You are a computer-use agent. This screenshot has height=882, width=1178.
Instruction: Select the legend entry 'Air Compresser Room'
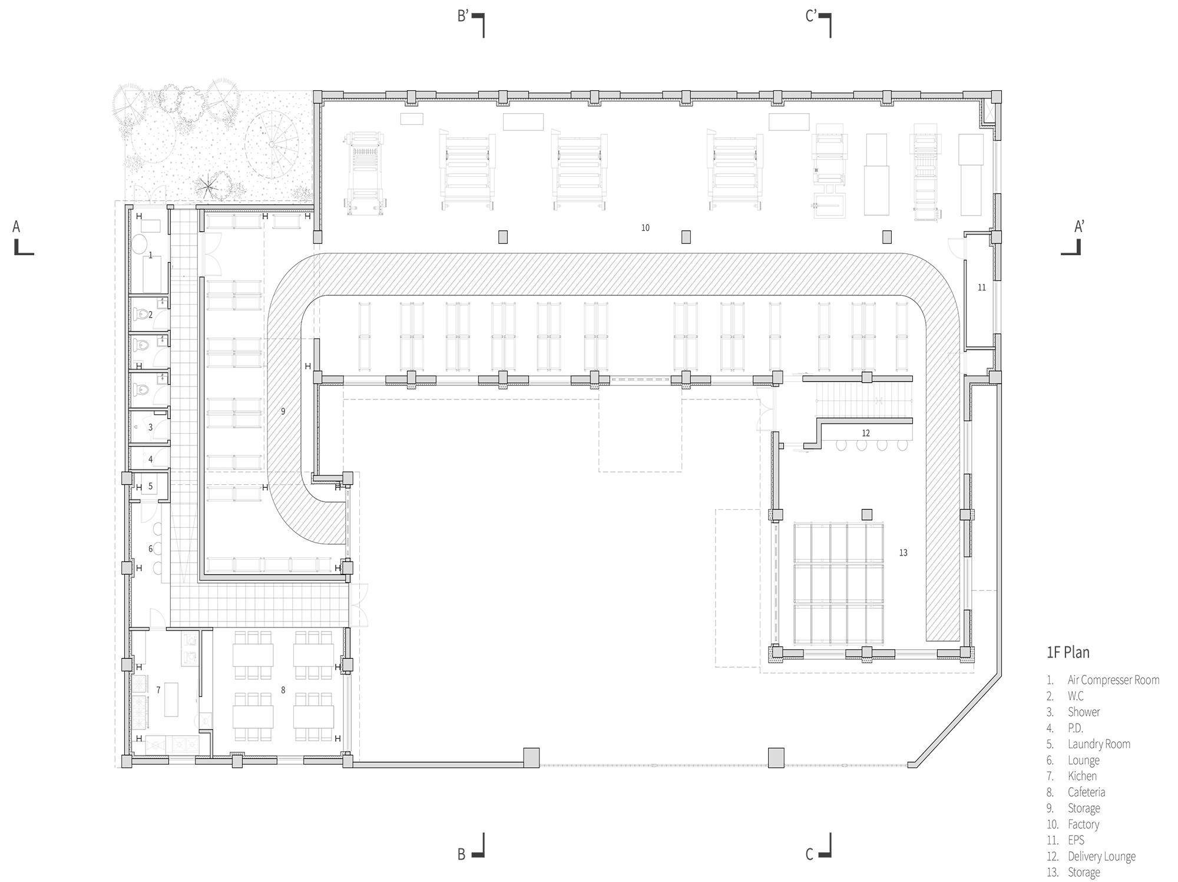(x=1113, y=680)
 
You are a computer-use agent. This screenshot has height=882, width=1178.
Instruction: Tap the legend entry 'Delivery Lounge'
(x=1101, y=857)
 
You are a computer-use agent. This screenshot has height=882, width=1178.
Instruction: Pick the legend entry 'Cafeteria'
(x=1086, y=792)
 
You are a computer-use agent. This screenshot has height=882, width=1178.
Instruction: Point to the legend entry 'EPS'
(x=1076, y=840)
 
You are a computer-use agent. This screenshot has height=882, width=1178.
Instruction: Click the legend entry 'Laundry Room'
(x=1099, y=744)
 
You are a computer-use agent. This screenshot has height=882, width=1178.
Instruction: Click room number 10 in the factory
(x=646, y=228)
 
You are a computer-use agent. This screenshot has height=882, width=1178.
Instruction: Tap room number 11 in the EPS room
(x=981, y=288)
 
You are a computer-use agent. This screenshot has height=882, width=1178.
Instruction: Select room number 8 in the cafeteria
(x=283, y=690)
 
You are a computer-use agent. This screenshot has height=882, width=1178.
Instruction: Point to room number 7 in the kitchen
(x=158, y=690)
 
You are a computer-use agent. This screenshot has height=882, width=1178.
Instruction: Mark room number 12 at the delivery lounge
(x=865, y=433)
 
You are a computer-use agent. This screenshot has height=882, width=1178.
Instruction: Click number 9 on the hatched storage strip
(x=283, y=411)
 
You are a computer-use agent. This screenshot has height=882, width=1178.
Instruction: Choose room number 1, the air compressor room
(x=150, y=256)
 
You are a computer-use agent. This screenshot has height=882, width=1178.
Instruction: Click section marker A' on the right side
(x=1078, y=227)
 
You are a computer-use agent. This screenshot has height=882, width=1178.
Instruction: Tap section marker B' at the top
(x=463, y=16)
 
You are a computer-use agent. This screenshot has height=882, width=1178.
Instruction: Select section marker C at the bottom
(x=809, y=854)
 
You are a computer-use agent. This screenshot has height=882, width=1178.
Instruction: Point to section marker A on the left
(x=16, y=227)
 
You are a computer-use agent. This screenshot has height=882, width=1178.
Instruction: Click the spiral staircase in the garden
(x=272, y=144)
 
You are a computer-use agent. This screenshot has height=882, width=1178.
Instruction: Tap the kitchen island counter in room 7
(x=171, y=699)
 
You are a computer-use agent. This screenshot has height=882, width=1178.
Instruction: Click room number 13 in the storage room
(x=903, y=553)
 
